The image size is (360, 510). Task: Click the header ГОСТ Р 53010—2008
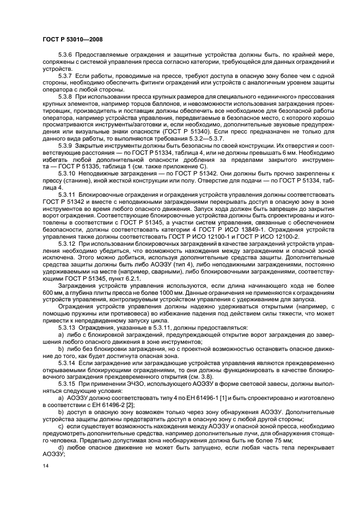pyautogui.click(x=72, y=40)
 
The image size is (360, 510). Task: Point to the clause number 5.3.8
pyautogui.click(x=65, y=96)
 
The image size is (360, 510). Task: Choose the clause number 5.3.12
pyautogui.click(x=67, y=243)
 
